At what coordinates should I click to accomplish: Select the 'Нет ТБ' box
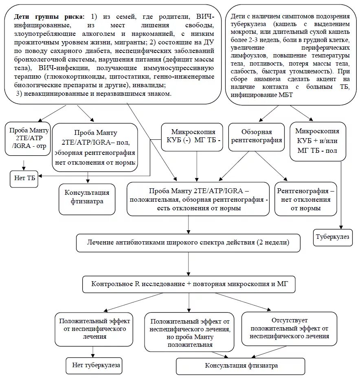[x=24, y=179]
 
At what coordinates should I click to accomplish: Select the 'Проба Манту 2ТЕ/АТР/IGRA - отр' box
[x=27, y=139]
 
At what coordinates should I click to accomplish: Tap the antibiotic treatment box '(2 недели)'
[x=188, y=242]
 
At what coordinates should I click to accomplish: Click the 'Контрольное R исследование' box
[x=188, y=284]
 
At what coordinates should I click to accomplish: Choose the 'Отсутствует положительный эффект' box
[x=289, y=328]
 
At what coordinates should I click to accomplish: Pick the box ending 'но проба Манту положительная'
[x=189, y=333]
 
